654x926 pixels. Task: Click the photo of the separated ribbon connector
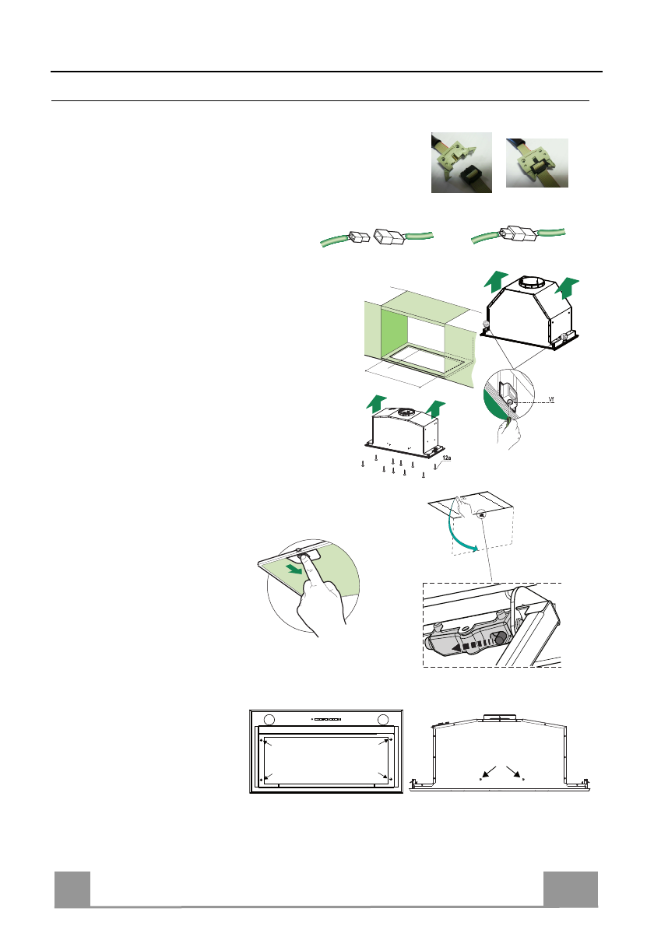[462, 163]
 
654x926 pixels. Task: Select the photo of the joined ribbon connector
[536, 163]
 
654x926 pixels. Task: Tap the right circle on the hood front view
[384, 718]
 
